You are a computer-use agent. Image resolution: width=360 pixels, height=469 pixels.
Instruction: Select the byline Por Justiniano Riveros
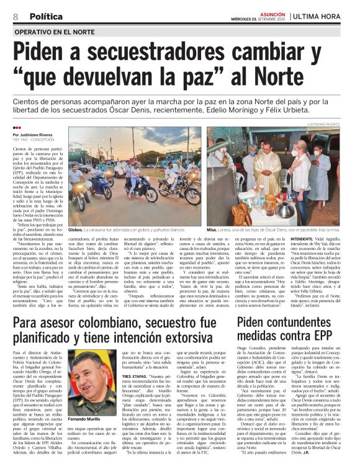click(x=34, y=133)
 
